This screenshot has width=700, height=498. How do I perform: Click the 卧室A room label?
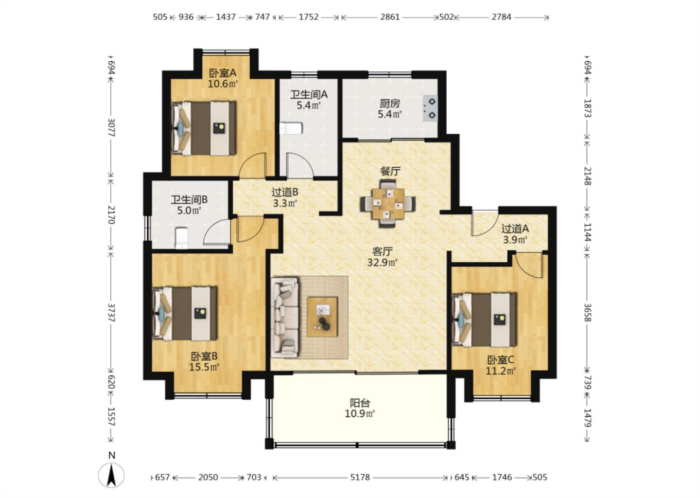pyautogui.click(x=223, y=73)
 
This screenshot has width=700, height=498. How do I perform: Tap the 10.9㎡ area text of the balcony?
pyautogui.click(x=360, y=413)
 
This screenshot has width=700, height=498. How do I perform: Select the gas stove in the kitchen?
pyautogui.click(x=430, y=108)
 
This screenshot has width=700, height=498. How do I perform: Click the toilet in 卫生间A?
pyautogui.click(x=291, y=128)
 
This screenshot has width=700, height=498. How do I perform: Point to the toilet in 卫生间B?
pyautogui.click(x=181, y=238)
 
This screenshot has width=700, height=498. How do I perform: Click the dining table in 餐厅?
pyautogui.click(x=388, y=203)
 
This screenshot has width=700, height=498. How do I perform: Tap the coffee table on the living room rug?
pyautogui.click(x=322, y=317)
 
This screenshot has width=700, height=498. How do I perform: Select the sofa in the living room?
pyautogui.click(x=285, y=317)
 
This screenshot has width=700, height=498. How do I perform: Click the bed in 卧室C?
pyautogui.click(x=484, y=320)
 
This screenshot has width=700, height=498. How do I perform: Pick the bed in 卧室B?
pyautogui.click(x=184, y=314)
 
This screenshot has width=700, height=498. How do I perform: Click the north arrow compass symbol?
pyautogui.click(x=111, y=475)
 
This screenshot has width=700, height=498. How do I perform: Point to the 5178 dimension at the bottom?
pyautogui.click(x=360, y=478)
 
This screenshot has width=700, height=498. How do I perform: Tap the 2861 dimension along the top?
pyautogui.click(x=390, y=17)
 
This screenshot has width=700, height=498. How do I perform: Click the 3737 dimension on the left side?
pyautogui.click(x=111, y=312)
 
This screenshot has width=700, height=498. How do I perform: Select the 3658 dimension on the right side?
pyautogui.click(x=588, y=312)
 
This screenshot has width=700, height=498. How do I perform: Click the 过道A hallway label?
pyautogui.click(x=515, y=229)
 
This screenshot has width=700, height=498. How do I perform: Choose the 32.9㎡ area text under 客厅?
pyautogui.click(x=382, y=263)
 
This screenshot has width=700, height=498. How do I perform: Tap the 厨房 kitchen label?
pyautogui.click(x=390, y=103)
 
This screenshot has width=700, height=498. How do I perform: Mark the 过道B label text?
pyautogui.click(x=285, y=192)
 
